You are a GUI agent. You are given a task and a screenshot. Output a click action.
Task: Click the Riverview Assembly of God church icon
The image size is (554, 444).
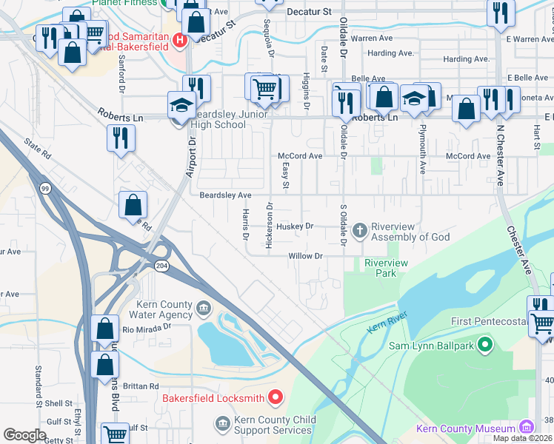[x=360, y=231]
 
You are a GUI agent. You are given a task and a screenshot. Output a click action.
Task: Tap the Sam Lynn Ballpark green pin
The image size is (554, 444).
[x=485, y=344]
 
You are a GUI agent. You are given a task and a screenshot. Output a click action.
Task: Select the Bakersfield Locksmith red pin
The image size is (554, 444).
[x=275, y=398]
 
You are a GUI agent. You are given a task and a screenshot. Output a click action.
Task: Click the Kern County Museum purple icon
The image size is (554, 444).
[x=526, y=428]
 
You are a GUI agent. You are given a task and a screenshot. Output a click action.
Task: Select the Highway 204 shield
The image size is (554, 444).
[x=161, y=265]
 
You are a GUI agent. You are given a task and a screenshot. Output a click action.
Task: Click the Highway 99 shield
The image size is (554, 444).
[x=45, y=190]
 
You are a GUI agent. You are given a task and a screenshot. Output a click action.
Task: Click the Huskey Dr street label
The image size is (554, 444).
[x=296, y=226]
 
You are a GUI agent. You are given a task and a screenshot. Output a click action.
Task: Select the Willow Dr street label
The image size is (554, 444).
[x=306, y=256]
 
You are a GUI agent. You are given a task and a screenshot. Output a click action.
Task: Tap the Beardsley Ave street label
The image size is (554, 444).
[x=226, y=195]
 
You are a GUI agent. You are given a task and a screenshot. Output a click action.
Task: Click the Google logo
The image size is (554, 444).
[x=24, y=435]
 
